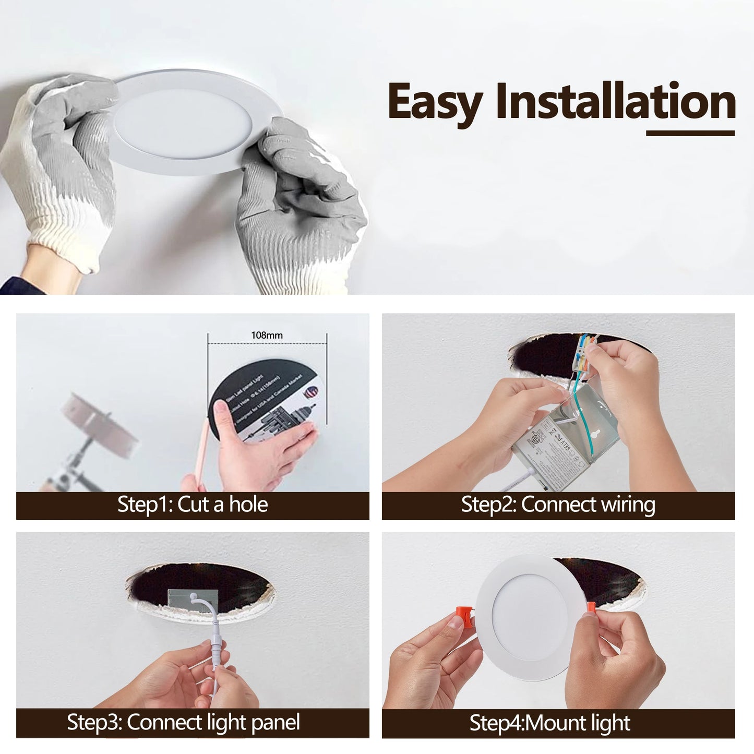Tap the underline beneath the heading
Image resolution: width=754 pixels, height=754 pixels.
point(690,134)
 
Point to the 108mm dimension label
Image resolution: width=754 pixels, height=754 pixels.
point(267,335)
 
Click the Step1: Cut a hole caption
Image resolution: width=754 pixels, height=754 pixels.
point(193,505)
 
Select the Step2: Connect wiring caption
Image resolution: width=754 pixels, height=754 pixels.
point(558,505)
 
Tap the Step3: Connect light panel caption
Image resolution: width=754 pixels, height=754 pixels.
point(183,723)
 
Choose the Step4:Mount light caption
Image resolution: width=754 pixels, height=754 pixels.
point(549,723)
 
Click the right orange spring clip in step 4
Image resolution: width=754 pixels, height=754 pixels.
point(591,609)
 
